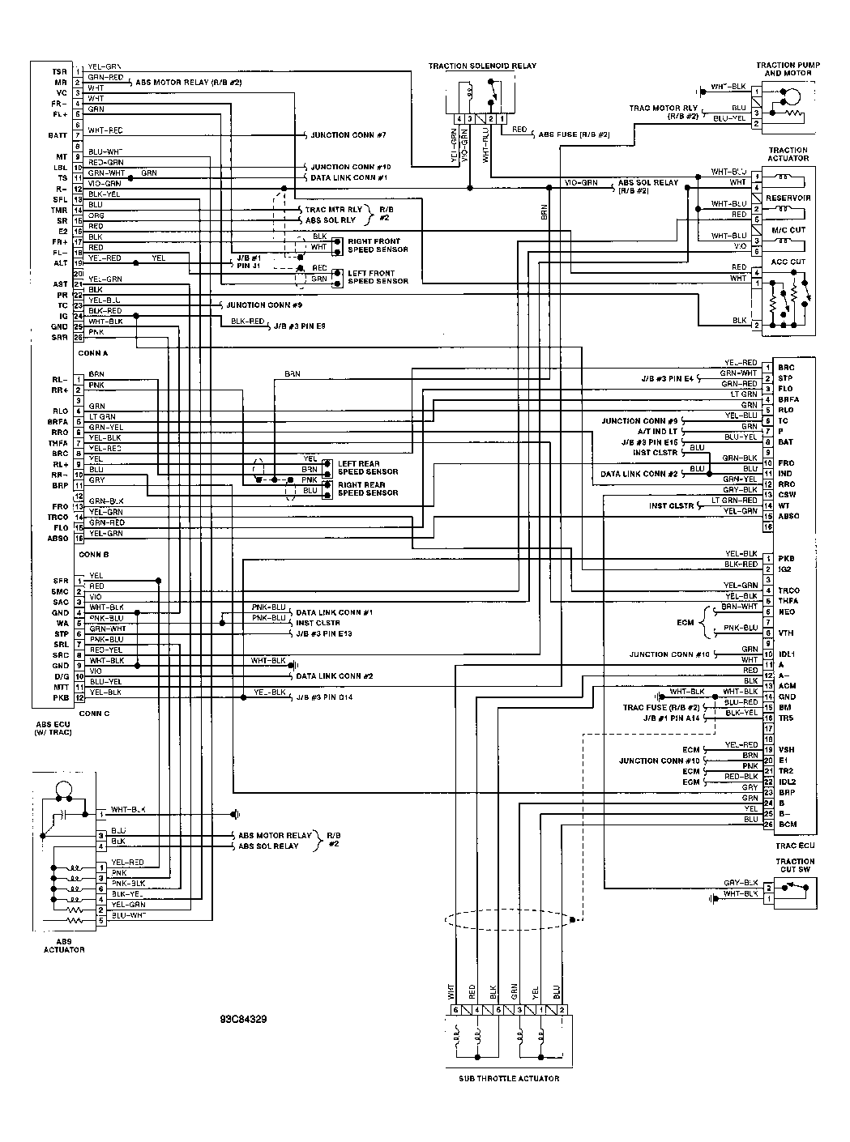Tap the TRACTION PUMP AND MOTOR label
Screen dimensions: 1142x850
point(784,69)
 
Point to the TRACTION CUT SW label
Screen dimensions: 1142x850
point(795,866)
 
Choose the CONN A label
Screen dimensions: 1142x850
point(93,353)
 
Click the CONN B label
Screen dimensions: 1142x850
point(94,554)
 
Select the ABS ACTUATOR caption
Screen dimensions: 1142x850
point(64,945)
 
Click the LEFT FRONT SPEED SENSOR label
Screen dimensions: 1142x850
point(378,277)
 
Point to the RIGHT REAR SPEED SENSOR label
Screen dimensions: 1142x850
point(368,488)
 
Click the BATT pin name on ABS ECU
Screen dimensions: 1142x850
point(56,135)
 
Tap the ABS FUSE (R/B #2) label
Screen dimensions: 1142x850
point(574,134)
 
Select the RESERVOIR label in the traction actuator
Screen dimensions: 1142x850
point(794,198)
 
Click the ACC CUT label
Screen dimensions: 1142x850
point(788,262)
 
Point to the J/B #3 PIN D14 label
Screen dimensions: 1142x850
point(324,697)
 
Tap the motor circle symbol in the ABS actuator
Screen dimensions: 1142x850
point(63,791)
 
